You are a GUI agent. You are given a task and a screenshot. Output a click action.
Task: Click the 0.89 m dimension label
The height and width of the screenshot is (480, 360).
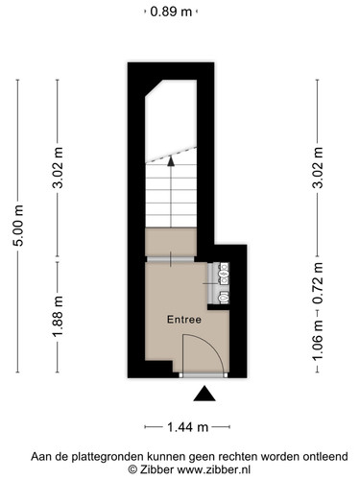[x=171, y=12]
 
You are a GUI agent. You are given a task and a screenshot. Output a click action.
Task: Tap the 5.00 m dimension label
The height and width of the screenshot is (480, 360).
[x=18, y=226]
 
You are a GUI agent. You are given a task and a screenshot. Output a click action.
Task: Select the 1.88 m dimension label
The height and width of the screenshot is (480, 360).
[x=58, y=317]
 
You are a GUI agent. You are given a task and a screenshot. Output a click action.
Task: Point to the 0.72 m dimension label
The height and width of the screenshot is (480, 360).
[x=318, y=283]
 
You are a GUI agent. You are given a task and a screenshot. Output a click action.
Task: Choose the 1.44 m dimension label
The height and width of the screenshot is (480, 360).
[x=187, y=427]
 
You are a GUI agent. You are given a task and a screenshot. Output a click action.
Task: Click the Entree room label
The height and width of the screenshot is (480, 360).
[x=184, y=320]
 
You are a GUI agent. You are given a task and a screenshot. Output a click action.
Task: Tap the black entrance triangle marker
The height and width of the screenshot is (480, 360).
[x=204, y=394]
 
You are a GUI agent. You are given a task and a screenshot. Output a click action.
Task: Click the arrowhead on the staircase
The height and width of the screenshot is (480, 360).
[x=171, y=161]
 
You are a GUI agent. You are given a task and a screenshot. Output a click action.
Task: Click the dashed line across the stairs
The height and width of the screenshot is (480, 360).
[x=171, y=155]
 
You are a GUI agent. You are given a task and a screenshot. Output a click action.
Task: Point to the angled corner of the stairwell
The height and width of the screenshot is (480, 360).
[x=155, y=88]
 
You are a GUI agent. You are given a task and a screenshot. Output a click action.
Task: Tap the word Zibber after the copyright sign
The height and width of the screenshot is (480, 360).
[x=156, y=469]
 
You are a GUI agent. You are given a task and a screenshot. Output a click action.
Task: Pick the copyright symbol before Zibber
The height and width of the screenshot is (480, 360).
[x=132, y=469]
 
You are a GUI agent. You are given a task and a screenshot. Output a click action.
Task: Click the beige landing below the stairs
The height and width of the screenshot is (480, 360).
[x=171, y=242]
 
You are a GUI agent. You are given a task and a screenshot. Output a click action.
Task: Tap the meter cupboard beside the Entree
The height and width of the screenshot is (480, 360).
[x=219, y=283]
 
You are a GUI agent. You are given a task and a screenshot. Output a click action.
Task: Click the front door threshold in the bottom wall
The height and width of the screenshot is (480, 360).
[x=204, y=375]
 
